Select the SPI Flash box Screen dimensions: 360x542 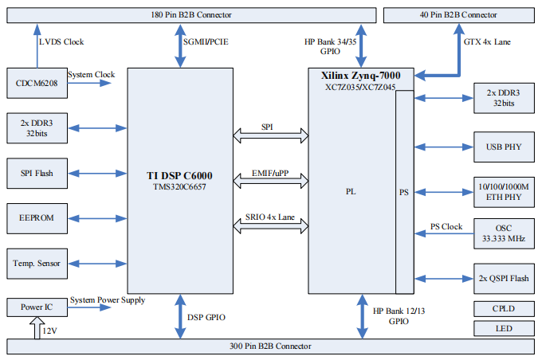(35, 171)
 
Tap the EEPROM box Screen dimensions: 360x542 (35, 217)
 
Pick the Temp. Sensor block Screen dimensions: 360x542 (35, 262)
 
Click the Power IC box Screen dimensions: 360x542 (35, 307)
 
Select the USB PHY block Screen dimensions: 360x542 (503, 147)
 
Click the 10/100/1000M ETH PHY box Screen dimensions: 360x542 (503, 192)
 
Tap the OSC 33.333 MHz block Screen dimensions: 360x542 (503, 233)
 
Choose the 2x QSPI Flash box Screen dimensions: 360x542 (503, 278)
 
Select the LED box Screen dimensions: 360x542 (503, 328)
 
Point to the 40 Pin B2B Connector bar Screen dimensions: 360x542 (459, 15)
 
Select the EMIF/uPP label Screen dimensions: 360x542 (270, 174)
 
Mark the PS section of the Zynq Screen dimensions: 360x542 (404, 192)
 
